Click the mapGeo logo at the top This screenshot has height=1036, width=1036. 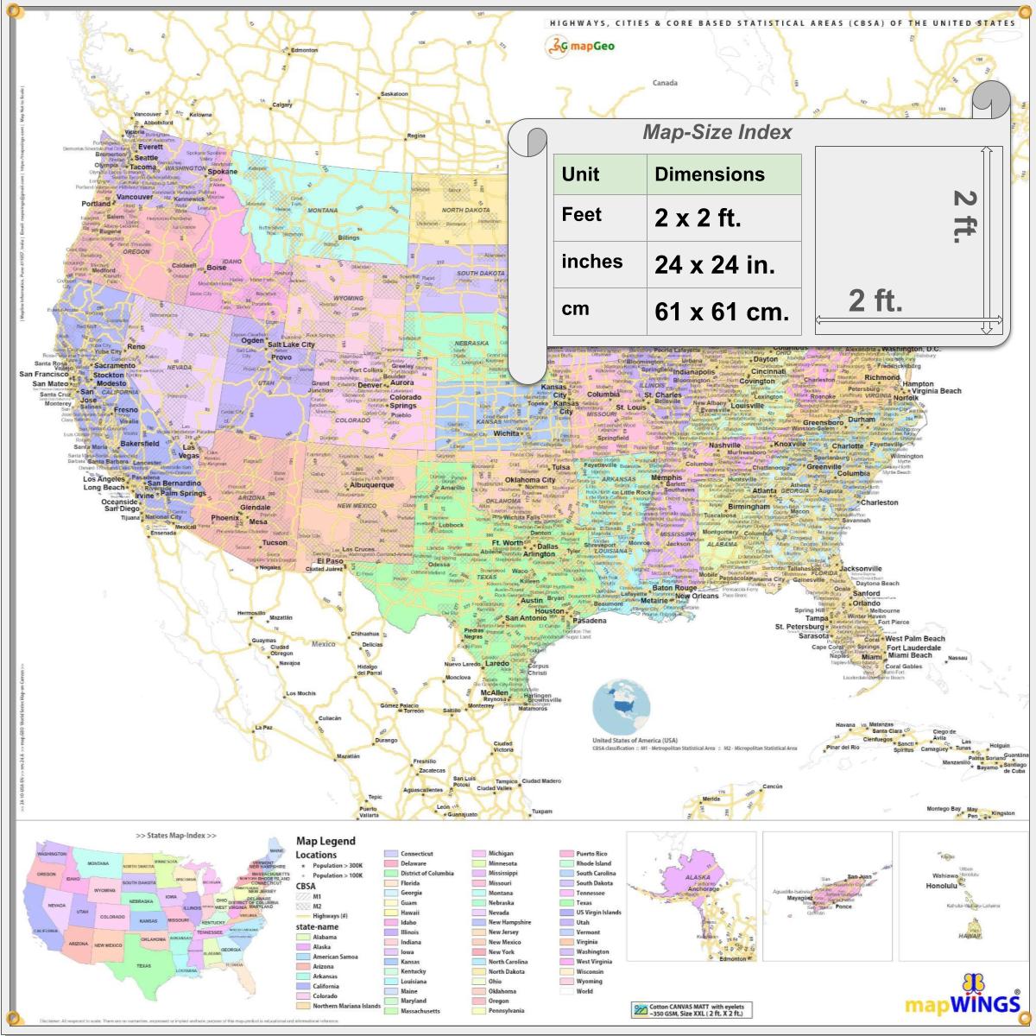(579, 46)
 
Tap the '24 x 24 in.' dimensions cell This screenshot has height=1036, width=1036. (714, 264)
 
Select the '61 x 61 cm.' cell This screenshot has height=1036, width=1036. (721, 311)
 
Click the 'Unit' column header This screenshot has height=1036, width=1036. (580, 174)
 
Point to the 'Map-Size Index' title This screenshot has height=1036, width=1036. (717, 132)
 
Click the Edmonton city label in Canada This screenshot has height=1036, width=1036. (304, 50)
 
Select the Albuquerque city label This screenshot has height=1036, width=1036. (371, 485)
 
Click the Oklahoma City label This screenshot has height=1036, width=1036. (530, 480)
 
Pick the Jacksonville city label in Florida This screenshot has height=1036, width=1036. (861, 569)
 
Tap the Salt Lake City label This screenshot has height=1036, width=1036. (291, 344)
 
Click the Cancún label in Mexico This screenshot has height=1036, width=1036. (773, 786)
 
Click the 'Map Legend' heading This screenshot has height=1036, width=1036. (325, 841)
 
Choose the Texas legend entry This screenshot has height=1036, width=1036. (584, 903)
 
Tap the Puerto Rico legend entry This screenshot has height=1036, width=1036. (591, 854)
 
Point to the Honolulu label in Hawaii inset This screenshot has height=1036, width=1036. (942, 886)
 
